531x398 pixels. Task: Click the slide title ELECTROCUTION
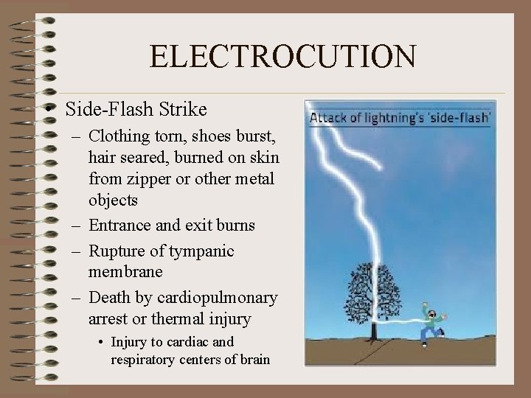(282, 56)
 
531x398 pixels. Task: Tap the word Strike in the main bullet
(183, 110)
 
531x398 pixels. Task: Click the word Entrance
(120, 225)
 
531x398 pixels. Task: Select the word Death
(111, 298)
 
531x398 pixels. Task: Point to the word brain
(252, 360)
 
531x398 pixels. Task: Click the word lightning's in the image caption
(400, 118)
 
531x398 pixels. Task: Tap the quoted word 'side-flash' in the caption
(464, 118)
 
